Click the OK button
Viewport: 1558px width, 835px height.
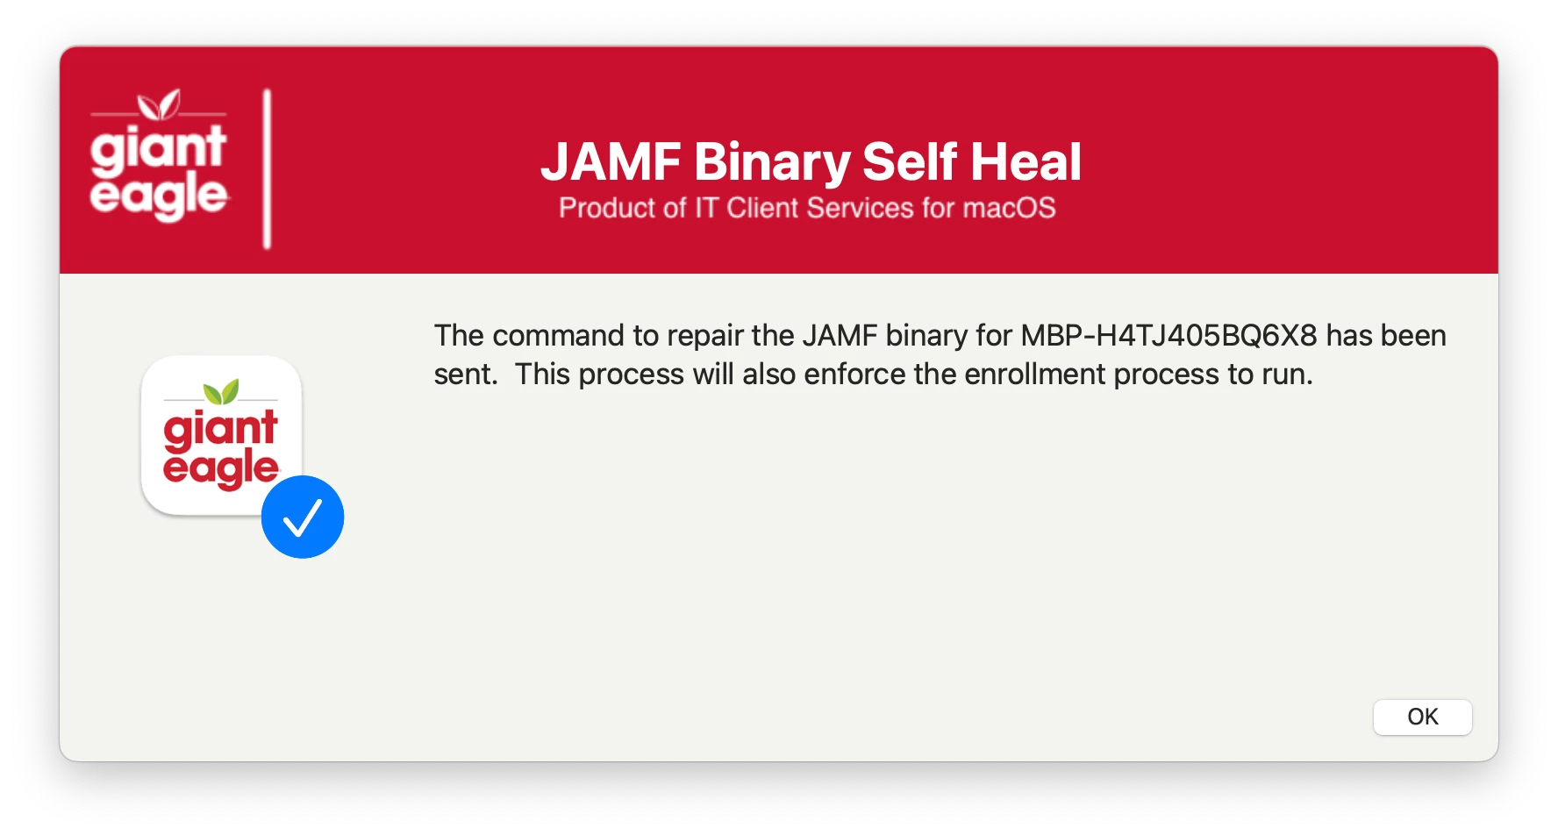pos(1422,717)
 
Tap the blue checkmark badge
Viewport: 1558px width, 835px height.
pos(303,517)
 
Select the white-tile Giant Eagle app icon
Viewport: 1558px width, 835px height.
pos(222,435)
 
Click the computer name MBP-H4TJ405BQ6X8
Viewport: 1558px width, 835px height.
pos(1168,335)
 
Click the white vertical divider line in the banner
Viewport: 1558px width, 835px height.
pos(268,168)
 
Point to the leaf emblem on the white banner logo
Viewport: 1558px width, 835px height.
pos(159,104)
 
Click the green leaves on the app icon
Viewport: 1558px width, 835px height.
pos(221,391)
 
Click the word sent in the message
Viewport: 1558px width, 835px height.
pos(464,375)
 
